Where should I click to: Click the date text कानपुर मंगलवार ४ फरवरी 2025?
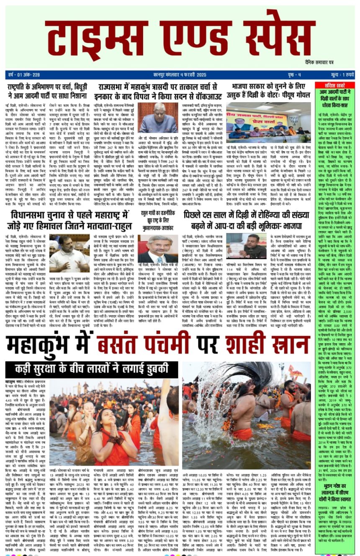[167, 75]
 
